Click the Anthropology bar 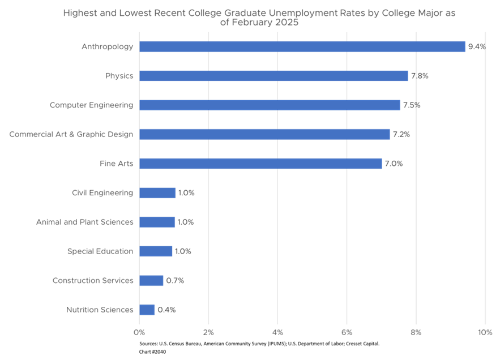point(302,46)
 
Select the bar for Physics point(273,76)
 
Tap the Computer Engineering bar point(270,105)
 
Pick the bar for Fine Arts point(260,164)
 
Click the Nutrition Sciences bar point(147,310)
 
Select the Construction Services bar point(151,281)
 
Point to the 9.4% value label point(477,47)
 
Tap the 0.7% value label point(175,281)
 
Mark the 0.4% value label point(166,310)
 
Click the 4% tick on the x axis point(277,332)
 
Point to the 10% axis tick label point(485,332)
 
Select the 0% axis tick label point(139,332)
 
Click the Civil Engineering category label point(102,193)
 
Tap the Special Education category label point(100,251)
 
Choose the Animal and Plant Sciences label point(85,222)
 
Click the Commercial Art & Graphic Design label point(71,134)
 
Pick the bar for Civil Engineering point(157,193)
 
